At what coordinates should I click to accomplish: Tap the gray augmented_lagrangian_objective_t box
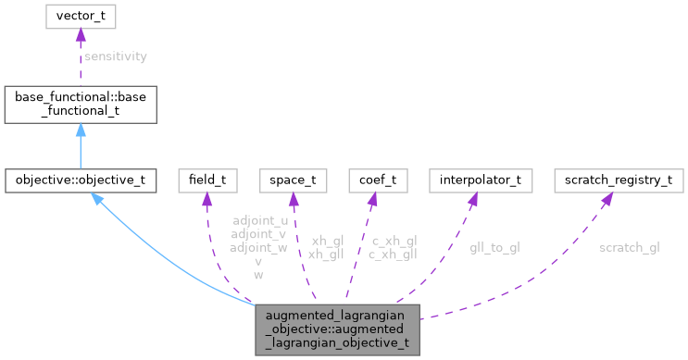pyautogui.click(x=337, y=329)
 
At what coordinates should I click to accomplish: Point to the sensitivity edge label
pyautogui.click(x=115, y=56)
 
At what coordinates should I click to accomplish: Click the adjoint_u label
pyautogui.click(x=259, y=222)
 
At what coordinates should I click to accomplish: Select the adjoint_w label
pyautogui.click(x=259, y=248)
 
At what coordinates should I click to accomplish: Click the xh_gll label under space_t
pyautogui.click(x=327, y=254)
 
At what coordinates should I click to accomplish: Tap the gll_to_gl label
pyautogui.click(x=494, y=247)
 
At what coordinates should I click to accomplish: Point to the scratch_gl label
pyautogui.click(x=629, y=247)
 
